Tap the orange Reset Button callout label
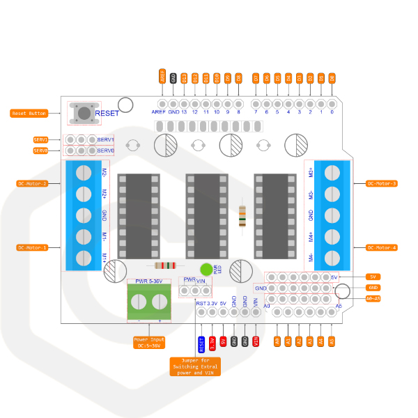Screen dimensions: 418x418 pyautogui.click(x=29, y=113)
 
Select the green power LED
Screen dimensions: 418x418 pyautogui.click(x=206, y=270)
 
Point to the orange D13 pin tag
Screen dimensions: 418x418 pyautogui.click(x=184, y=78)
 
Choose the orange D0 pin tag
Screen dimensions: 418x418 pyautogui.click(x=332, y=78)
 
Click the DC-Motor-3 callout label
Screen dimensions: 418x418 pyautogui.click(x=382, y=184)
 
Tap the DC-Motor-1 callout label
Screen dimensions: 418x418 pyautogui.click(x=32, y=247)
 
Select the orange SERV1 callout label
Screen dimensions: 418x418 pyautogui.click(x=40, y=139)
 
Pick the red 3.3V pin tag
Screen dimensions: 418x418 pyautogui.click(x=212, y=342)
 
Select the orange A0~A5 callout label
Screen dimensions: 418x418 pyautogui.click(x=373, y=298)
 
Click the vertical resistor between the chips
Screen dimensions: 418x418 pyautogui.click(x=242, y=217)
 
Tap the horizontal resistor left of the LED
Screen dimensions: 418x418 pyautogui.click(x=165, y=265)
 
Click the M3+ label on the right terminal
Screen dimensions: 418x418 pyautogui.click(x=310, y=173)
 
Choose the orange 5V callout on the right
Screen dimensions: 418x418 pyautogui.click(x=373, y=277)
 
